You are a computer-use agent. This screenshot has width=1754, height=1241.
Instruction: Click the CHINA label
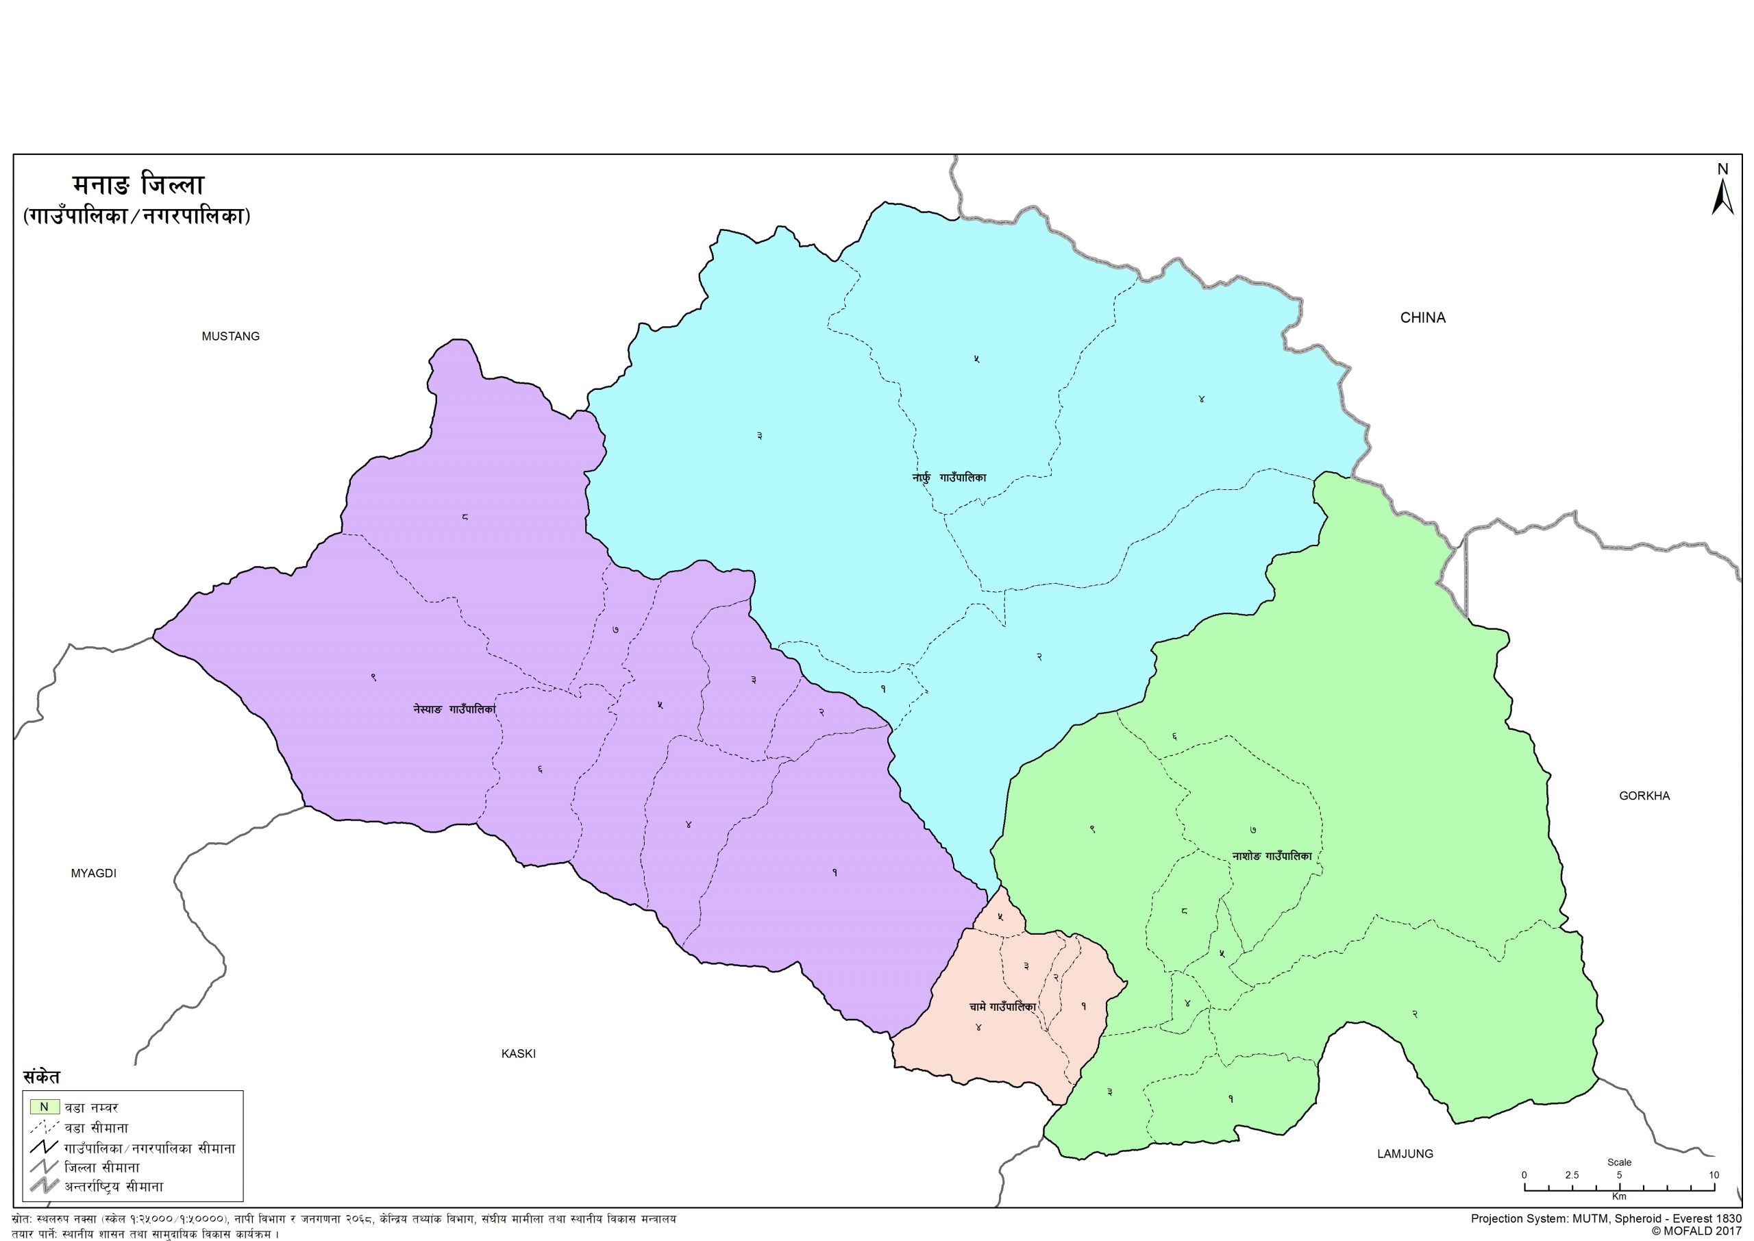pos(1422,318)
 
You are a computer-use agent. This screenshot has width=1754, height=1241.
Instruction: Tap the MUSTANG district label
pos(231,336)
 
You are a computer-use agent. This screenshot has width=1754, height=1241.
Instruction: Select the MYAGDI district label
pos(93,874)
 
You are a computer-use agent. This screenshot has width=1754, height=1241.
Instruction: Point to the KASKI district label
pos(518,1054)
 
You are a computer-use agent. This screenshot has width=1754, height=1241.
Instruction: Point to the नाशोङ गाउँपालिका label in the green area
pos(1272,856)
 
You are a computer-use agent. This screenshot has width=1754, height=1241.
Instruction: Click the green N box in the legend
pos(45,1107)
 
